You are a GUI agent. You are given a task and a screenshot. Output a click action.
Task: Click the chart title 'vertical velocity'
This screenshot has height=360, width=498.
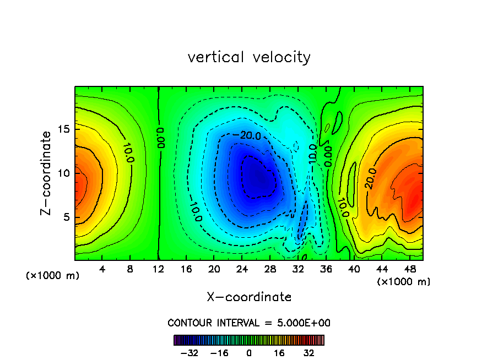coord(249,57)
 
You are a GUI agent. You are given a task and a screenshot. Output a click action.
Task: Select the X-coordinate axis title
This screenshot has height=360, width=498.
coord(249,297)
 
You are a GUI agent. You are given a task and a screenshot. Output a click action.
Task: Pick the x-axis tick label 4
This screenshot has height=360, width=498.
coord(102,270)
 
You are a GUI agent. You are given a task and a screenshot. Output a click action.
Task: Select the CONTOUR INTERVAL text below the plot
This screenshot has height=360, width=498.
coord(249,323)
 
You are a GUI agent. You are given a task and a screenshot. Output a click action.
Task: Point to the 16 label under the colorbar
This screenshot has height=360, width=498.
coord(279,352)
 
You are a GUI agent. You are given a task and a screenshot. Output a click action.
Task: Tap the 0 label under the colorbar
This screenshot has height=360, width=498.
coord(249,352)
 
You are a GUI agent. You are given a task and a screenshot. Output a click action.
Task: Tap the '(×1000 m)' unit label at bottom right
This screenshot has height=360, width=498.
coord(404,282)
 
